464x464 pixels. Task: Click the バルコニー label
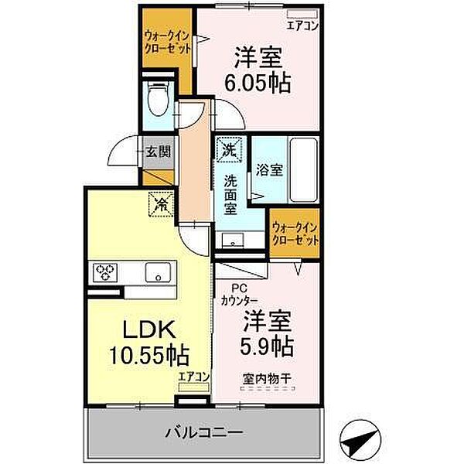coord(206,430)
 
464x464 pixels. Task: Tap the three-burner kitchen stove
coord(106,271)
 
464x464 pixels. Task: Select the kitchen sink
coord(160,272)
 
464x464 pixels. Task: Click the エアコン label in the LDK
coord(193,377)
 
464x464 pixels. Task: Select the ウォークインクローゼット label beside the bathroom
coord(295,234)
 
